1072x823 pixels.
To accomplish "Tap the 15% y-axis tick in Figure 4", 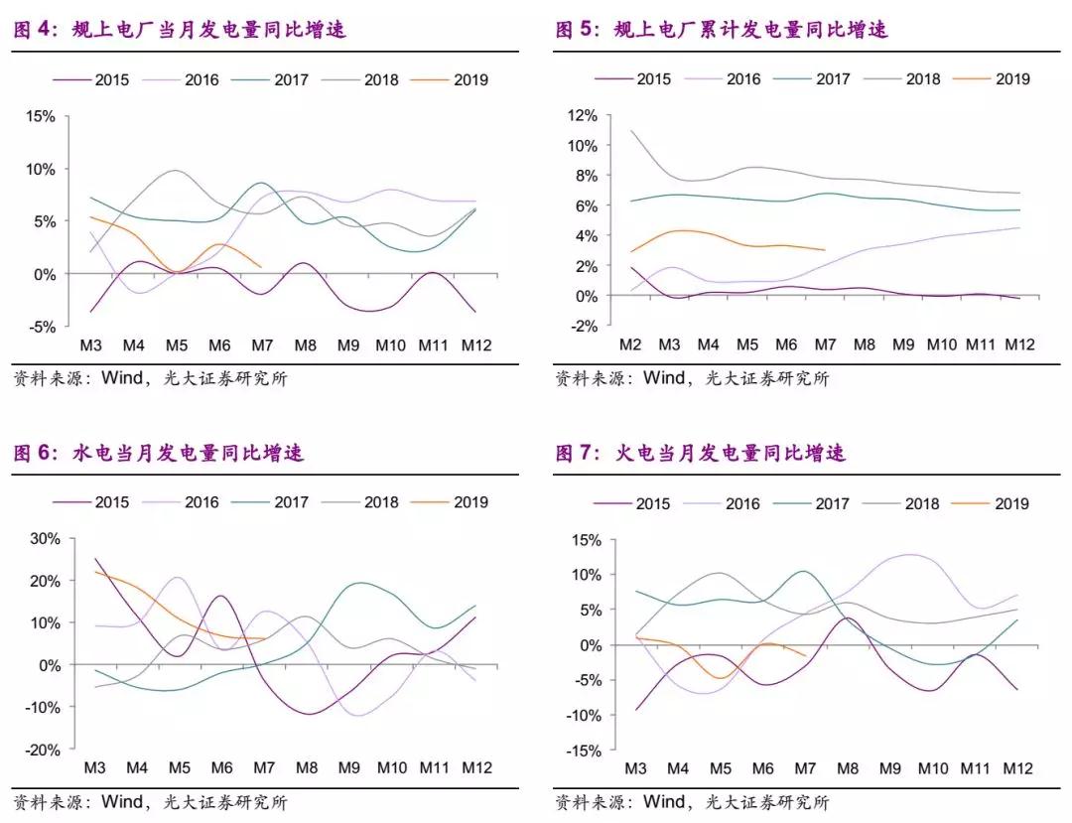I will click(41, 116).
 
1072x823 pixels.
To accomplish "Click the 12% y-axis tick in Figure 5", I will click(582, 115).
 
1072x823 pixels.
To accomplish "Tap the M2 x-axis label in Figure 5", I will click(629, 345).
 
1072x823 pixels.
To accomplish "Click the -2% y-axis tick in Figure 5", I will click(582, 326).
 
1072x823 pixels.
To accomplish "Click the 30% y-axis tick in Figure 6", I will click(44, 539).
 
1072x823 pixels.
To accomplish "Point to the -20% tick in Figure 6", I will click(42, 751).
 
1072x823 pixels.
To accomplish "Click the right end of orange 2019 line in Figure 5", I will click(825, 250).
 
